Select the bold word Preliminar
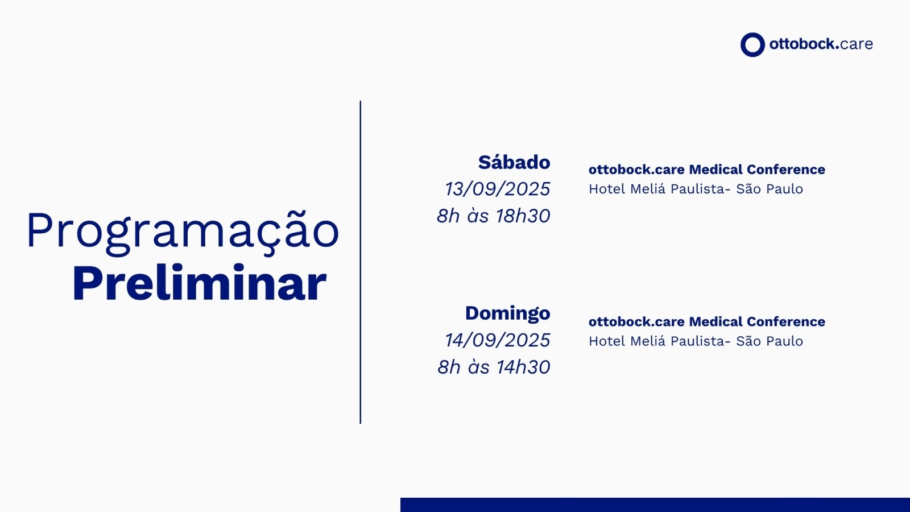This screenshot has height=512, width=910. pos(200,282)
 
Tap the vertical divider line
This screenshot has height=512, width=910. pos(361,262)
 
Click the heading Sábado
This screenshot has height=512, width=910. pos(514,162)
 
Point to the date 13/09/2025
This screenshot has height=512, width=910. pos(498,189)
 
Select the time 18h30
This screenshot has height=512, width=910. pos(523,216)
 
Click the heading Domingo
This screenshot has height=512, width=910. pos(508,313)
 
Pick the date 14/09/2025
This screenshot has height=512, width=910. pos(498,340)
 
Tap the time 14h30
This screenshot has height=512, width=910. pos(523,367)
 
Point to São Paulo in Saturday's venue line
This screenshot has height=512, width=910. pos(770,189)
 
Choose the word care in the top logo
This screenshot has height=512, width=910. pos(856,44)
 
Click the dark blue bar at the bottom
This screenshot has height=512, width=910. pos(655,505)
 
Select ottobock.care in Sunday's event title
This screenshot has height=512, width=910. pos(636,322)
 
